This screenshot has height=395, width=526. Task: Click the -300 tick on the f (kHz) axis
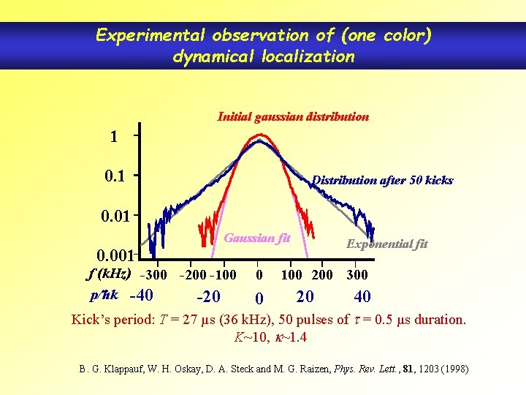(152, 275)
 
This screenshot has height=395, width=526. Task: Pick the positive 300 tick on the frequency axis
(357, 275)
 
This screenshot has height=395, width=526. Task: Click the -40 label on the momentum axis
(140, 296)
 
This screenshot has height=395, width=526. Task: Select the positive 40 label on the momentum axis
(362, 296)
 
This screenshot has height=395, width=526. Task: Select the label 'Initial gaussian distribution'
(293, 116)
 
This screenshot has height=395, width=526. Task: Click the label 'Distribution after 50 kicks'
(382, 180)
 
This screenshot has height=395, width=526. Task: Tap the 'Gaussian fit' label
(257, 238)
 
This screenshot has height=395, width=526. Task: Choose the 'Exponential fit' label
(387, 244)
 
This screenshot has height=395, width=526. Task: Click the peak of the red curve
(259, 135)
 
